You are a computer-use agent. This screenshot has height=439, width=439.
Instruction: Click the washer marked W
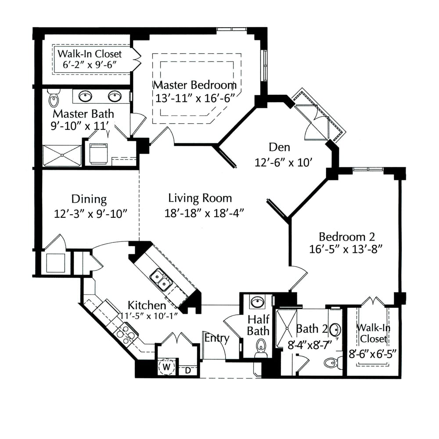click(x=166, y=367)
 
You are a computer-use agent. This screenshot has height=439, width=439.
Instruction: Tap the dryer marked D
click(x=188, y=371)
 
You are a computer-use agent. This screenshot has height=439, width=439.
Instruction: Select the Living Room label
click(x=200, y=198)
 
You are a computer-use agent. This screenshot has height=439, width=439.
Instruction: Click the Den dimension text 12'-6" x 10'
click(x=283, y=162)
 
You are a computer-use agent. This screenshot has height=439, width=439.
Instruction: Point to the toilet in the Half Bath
click(x=261, y=348)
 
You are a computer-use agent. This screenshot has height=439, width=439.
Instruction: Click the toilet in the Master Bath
click(x=54, y=98)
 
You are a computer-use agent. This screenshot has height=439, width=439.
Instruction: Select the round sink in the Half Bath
click(x=258, y=302)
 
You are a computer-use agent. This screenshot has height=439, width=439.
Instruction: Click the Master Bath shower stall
click(x=62, y=155)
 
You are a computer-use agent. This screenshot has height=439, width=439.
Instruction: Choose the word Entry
click(x=217, y=338)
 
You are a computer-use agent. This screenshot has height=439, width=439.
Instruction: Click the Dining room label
click(x=89, y=199)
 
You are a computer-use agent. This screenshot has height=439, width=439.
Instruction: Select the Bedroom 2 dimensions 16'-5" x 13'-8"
click(x=346, y=249)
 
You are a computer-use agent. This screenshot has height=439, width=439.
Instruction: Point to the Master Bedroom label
click(x=194, y=85)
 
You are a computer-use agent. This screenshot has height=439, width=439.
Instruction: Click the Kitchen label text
click(x=147, y=305)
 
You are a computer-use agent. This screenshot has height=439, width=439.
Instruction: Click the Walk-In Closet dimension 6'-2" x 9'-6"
click(x=90, y=65)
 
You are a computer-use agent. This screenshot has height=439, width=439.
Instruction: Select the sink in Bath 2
click(x=335, y=330)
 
